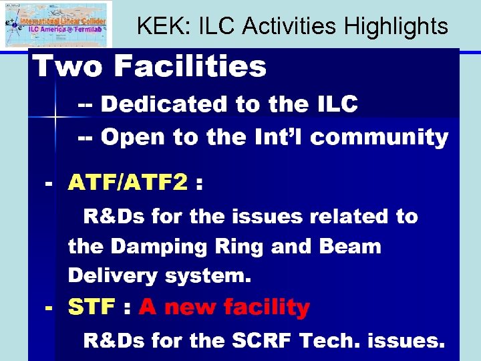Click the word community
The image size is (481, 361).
[379, 138]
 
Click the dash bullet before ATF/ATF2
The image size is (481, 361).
[47, 183]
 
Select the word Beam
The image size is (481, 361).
[350, 247]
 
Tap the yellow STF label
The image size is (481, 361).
[92, 308]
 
